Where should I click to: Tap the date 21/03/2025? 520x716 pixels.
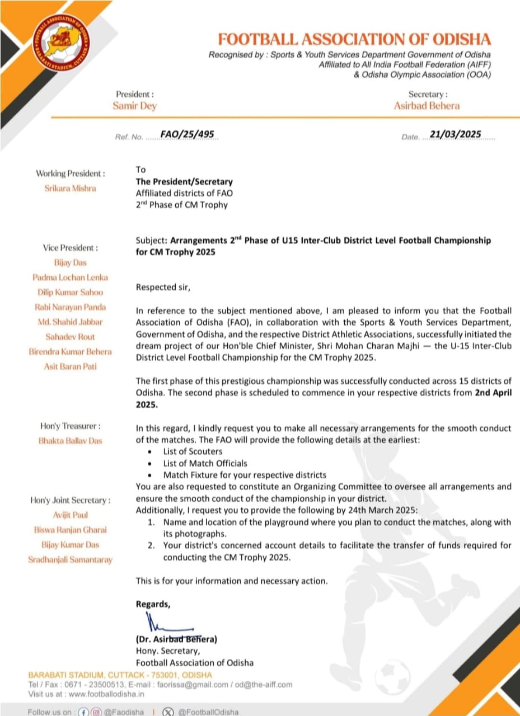[x=455, y=134]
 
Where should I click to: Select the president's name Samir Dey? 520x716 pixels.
[x=134, y=106]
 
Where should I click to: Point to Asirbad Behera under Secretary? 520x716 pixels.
[x=427, y=106]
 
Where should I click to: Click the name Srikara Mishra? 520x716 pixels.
[x=70, y=188]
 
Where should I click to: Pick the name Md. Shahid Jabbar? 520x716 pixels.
[x=70, y=322]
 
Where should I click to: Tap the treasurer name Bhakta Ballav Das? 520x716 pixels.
[x=70, y=440]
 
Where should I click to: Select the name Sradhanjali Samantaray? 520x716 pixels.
[x=70, y=559]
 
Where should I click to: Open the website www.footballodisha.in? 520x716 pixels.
[x=106, y=694]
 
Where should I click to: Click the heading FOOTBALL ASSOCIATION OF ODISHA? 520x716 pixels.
[x=354, y=40]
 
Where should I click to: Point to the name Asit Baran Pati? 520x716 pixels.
[x=70, y=366]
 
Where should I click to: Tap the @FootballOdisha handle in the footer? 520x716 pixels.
[x=208, y=712]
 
